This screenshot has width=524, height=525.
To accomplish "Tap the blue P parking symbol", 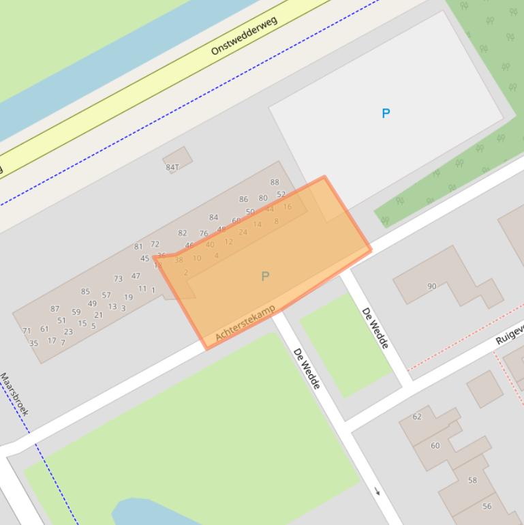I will pos(386,113).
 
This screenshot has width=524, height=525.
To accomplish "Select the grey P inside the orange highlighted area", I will pos(265,276).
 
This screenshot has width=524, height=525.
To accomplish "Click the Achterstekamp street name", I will pos(245,323).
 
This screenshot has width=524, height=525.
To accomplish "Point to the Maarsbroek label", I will pos(14,394).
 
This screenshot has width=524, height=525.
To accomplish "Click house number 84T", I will pos(172,167).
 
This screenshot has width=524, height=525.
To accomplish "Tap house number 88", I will pos(275,182).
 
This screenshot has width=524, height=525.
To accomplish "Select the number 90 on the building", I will pos(431,286).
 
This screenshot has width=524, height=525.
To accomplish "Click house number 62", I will pos(417,417).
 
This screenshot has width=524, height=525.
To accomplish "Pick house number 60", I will pos(435,445).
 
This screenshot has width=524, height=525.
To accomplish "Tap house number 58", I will pos(472,480).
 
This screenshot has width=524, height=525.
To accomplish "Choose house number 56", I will pos(487,506).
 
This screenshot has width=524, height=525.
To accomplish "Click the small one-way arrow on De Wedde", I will pos(377,491).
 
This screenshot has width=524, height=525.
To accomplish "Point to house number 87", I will pos(55,309).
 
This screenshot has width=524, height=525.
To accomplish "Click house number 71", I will pos(27,331).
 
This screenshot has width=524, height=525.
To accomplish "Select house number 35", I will pos(33,343).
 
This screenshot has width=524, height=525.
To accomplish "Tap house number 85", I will pos(85,291).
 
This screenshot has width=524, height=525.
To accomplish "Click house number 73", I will pos(118,279).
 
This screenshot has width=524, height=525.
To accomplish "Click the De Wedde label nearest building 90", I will pos(375,328).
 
